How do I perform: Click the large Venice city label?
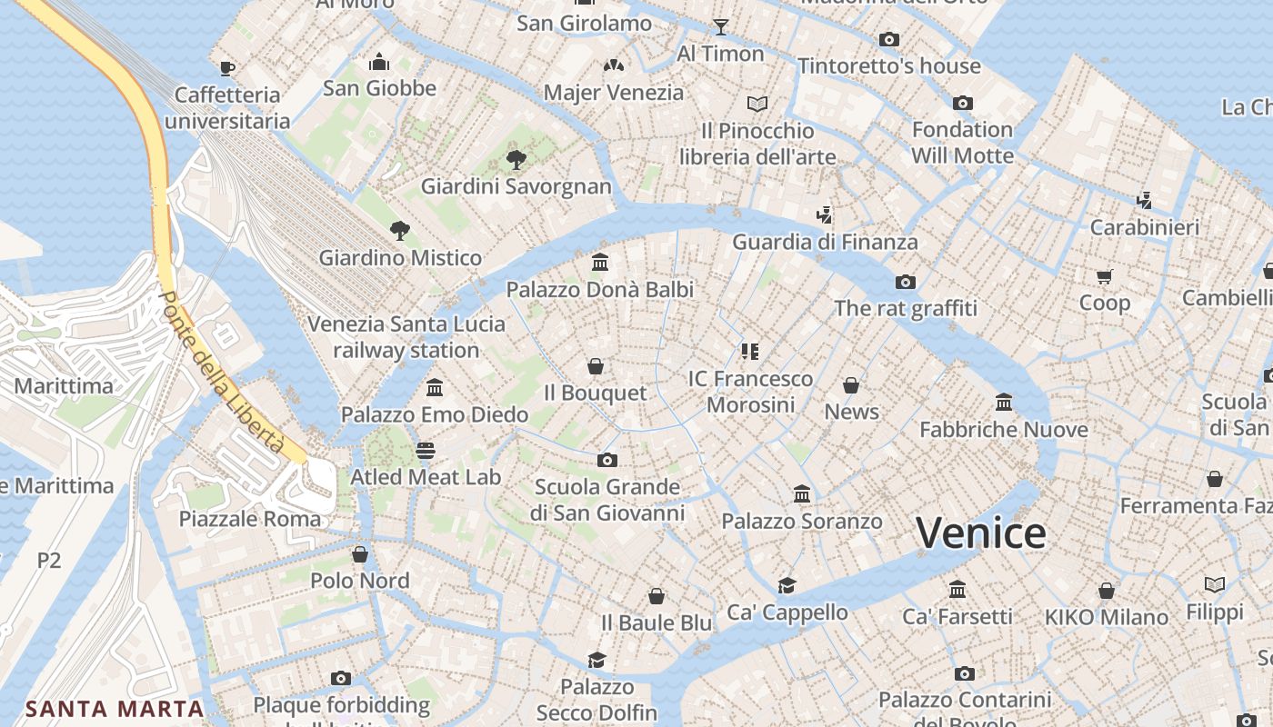(x=980, y=533)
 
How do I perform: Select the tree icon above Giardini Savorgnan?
(x=516, y=161)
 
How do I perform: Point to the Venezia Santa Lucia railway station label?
(x=406, y=337)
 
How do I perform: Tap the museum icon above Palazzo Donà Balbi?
(x=600, y=263)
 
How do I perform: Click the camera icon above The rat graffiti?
(x=905, y=282)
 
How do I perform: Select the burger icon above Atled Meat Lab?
(x=425, y=450)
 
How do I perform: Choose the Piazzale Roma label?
(x=250, y=519)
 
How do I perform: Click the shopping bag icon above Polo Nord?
(x=360, y=553)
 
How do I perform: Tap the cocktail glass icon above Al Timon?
(x=720, y=26)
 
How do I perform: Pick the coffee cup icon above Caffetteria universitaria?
(x=226, y=67)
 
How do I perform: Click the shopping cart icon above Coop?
(x=1105, y=275)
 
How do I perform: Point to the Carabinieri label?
(x=1144, y=227)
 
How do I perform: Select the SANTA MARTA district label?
(x=115, y=709)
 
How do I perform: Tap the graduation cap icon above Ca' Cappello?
(x=787, y=585)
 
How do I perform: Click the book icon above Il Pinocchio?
(x=757, y=104)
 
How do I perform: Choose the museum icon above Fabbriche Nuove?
(x=1004, y=402)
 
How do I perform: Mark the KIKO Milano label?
(x=1106, y=617)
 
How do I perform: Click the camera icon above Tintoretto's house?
(x=889, y=39)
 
